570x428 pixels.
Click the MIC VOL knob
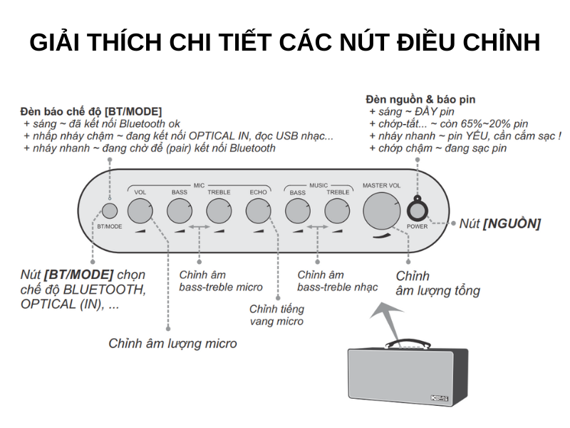140,210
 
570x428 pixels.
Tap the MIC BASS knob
180,210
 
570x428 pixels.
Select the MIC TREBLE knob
219,210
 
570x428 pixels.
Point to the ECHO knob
258,210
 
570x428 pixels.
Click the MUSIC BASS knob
298,210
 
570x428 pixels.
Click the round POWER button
418,210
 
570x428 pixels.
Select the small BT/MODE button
110,211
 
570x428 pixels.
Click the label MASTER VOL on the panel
382,185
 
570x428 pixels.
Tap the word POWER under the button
418,226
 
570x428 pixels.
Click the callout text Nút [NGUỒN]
499,223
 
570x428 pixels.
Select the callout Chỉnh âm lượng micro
172,343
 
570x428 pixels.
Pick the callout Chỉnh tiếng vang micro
276,315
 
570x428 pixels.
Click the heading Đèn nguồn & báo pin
420,99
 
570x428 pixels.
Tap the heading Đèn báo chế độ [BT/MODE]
90,111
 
